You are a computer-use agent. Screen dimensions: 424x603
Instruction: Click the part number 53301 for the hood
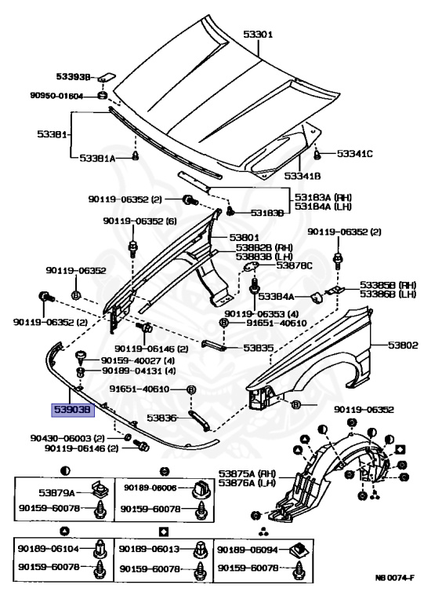[258, 35]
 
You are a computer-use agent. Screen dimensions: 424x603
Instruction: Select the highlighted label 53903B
[73, 410]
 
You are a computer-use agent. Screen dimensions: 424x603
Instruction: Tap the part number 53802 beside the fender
[403, 345]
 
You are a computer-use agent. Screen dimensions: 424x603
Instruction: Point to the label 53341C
[355, 154]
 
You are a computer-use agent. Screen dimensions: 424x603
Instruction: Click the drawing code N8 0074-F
[395, 588]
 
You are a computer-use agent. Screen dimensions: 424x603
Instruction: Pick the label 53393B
[74, 76]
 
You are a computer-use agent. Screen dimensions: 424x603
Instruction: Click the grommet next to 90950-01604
[102, 95]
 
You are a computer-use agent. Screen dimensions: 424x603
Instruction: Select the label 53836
[162, 418]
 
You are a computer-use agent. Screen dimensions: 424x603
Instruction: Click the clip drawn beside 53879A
[100, 490]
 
